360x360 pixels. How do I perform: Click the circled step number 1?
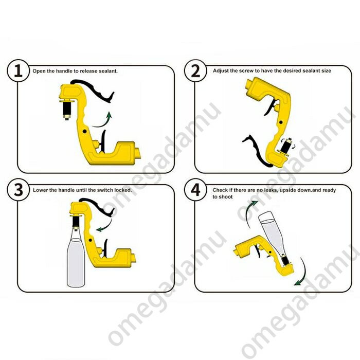click(x=18, y=70)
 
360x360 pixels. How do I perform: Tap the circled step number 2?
click(x=195, y=70)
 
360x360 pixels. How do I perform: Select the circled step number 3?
click(x=18, y=190)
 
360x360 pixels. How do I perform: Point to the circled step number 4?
click(x=195, y=190)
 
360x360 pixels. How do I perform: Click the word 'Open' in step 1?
click(x=39, y=71)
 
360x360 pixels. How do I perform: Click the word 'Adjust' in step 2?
click(x=221, y=71)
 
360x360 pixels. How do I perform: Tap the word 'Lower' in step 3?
click(x=41, y=190)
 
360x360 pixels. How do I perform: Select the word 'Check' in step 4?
click(x=220, y=190)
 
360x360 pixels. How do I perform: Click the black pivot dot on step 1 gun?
click(x=84, y=131)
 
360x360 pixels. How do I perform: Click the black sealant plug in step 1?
click(x=67, y=109)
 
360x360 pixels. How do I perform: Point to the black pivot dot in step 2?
click(x=281, y=122)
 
